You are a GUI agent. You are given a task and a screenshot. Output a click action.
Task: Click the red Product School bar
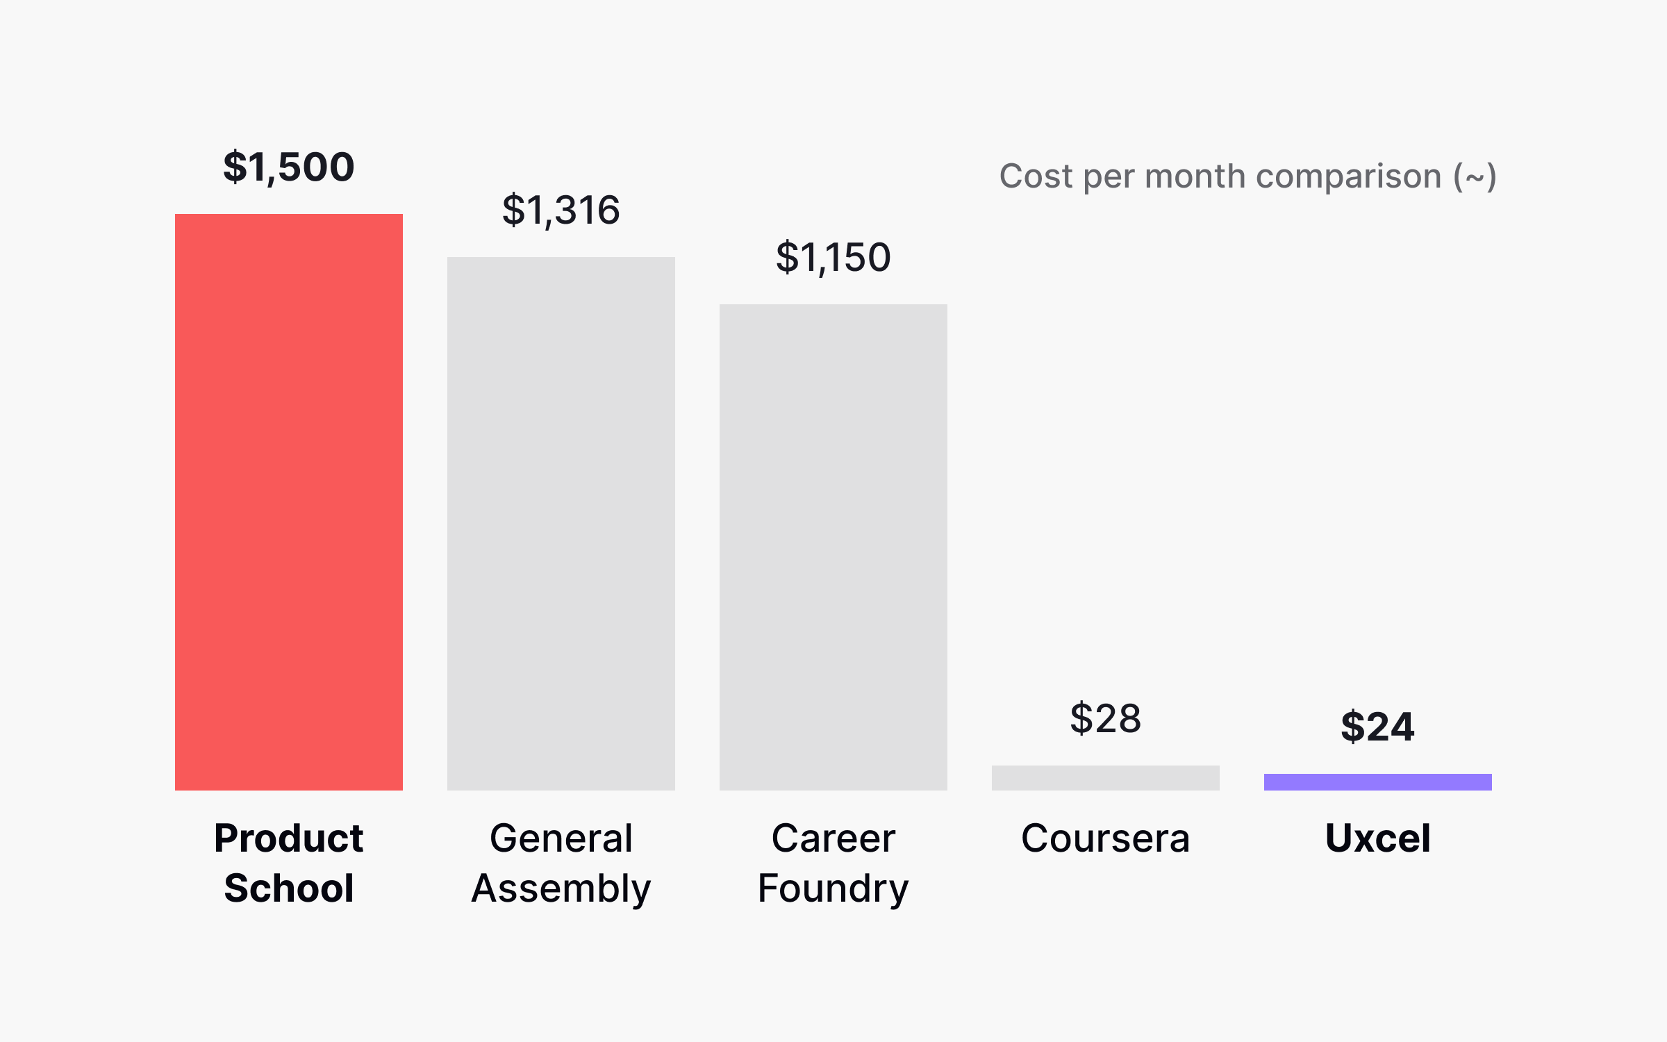tap(288, 502)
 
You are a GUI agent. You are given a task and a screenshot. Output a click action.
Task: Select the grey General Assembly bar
tap(561, 523)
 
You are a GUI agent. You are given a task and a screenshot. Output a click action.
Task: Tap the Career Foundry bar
tap(833, 547)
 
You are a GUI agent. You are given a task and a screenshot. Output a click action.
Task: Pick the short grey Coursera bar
tap(1105, 777)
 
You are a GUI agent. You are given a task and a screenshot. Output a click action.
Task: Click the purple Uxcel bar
tap(1377, 782)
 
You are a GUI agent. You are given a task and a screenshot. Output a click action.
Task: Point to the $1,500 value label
tap(288, 167)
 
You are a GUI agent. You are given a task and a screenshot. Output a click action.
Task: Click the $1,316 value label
tap(561, 210)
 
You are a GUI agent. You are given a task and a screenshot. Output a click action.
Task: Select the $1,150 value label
tap(833, 257)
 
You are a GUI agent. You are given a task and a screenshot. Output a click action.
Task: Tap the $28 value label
tap(1105, 718)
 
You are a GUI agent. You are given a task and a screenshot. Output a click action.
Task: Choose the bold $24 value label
tap(1377, 727)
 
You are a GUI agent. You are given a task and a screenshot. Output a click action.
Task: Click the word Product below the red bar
tap(288, 838)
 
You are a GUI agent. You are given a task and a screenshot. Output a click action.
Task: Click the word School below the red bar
tap(288, 888)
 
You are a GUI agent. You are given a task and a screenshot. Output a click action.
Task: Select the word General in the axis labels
tap(561, 838)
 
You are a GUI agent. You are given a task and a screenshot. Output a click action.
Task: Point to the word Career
tap(833, 838)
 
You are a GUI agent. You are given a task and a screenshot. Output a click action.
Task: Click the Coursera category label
tap(1105, 838)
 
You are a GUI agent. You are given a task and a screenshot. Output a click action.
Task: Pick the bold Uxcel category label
tap(1377, 838)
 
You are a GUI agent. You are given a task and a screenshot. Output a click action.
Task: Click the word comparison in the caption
tap(1348, 177)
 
